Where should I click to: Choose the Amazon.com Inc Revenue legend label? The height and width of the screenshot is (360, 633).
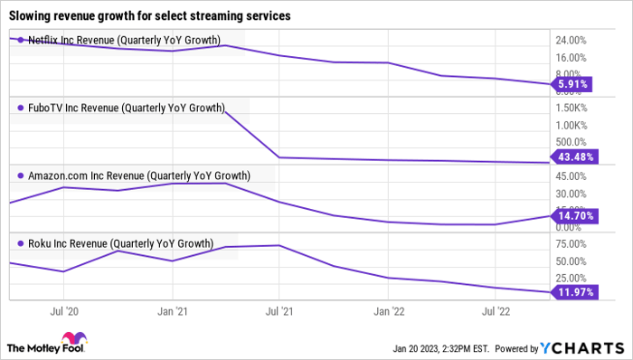point(139,175)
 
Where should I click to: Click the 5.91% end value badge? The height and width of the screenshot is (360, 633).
point(573,85)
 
